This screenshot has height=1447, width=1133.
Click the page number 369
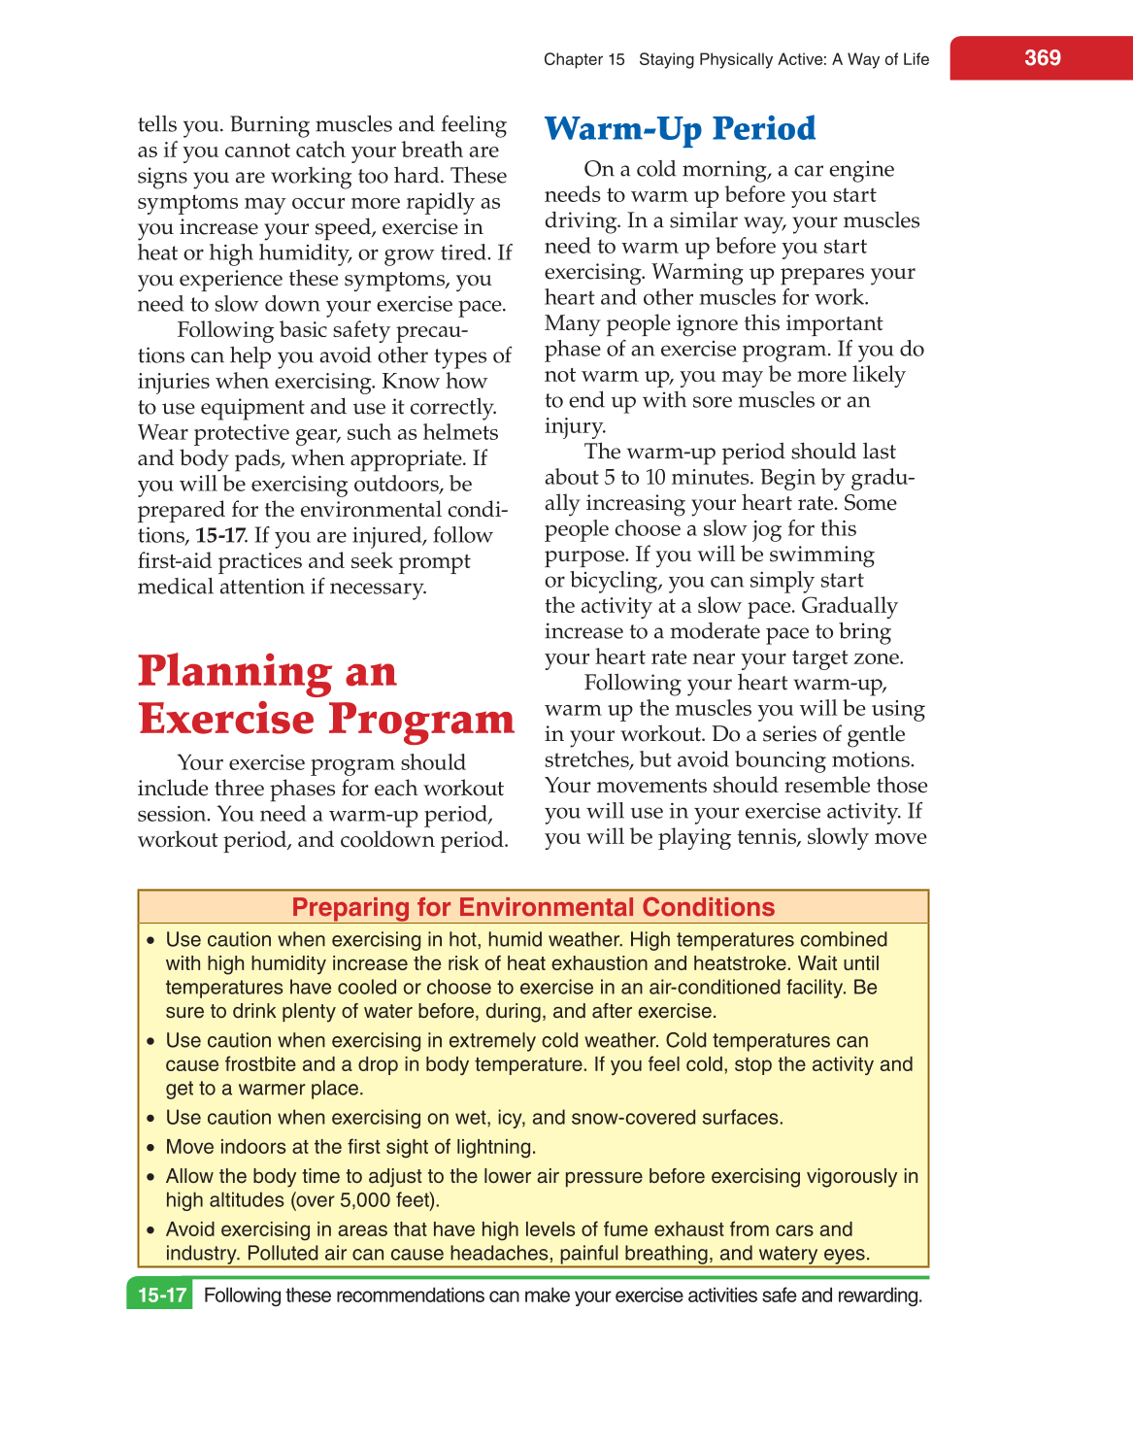point(1042,58)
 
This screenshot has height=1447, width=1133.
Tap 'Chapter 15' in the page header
point(583,59)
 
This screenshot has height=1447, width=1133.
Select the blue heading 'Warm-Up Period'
point(680,129)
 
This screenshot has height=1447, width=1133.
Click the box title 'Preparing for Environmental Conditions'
point(533,907)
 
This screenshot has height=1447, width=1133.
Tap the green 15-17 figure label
point(161,1296)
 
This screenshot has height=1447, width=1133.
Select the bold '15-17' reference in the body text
point(219,536)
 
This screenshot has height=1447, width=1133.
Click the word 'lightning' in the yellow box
point(493,1147)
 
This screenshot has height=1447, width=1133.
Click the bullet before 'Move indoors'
point(150,1148)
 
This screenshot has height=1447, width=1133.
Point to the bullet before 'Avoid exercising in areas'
point(150,1230)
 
